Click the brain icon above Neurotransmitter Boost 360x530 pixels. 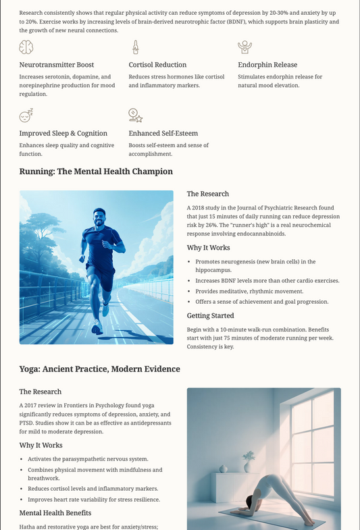pos(26,47)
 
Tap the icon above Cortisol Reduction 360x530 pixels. pos(135,47)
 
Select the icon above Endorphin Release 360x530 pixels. pos(245,47)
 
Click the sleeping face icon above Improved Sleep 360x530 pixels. pos(26,115)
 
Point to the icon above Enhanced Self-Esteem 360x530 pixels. pos(135,115)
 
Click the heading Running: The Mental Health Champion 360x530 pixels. pos(96,171)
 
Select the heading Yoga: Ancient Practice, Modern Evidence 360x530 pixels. pos(100,369)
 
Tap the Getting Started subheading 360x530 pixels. pos(211,315)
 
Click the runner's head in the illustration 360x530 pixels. pos(99,218)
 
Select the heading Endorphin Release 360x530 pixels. pos(267,65)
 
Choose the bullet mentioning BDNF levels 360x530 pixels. pos(267,280)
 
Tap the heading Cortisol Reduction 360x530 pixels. pos(157,65)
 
